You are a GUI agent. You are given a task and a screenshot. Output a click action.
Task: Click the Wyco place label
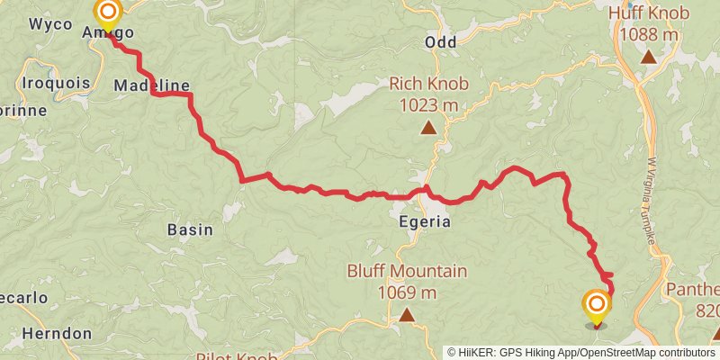pos(50,24)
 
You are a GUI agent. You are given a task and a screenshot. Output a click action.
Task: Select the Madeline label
pos(152,85)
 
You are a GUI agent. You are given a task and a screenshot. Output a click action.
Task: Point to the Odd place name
pos(441,42)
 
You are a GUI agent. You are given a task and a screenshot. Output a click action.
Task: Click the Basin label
pos(190,229)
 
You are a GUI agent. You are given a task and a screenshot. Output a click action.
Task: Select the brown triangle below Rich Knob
pos(429,128)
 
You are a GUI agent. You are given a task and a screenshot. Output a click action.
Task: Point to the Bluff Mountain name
pos(407,271)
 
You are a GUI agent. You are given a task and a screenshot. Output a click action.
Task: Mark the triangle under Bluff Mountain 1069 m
pos(407,314)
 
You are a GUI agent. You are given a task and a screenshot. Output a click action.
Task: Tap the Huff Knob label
pos(648,13)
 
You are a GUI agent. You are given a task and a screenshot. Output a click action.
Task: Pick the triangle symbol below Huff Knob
pos(648,57)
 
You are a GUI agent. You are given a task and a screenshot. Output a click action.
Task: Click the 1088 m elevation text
pos(648,34)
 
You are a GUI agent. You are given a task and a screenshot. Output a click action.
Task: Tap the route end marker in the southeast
pos(595,304)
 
